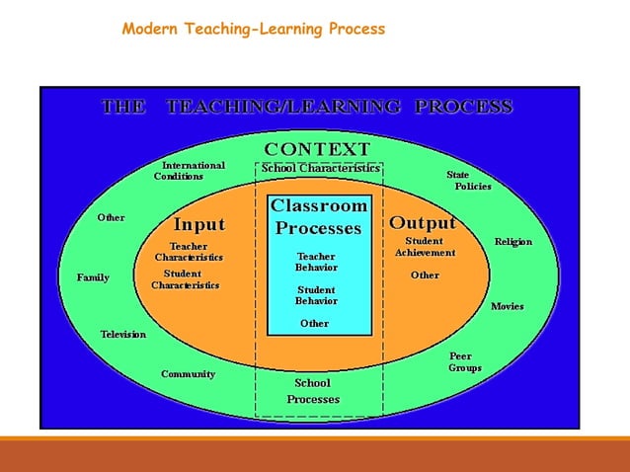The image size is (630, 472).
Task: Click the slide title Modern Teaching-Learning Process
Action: coord(253,29)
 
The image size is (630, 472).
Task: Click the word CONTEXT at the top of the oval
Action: coord(317,148)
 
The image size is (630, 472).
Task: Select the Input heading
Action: coord(199,224)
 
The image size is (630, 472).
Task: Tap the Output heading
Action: coord(423,222)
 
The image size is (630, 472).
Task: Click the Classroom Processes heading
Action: coord(318,217)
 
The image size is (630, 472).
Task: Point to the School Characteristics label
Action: coord(320,168)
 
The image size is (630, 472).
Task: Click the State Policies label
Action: coord(467,180)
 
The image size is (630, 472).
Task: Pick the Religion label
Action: coord(512,242)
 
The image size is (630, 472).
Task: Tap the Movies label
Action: coord(508,306)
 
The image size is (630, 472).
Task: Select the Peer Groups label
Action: coord(464,362)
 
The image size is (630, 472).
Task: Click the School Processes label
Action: coord(313,391)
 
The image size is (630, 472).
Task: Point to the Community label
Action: coord(188,374)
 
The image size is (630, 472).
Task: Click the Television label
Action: coord(122,335)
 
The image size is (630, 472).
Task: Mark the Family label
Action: coord(93,277)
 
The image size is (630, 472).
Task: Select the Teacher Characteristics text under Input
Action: coord(188,252)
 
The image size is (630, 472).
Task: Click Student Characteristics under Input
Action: coord(185,279)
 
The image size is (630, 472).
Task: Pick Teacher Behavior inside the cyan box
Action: coord(316,262)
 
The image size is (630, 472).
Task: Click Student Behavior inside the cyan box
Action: coord(316,295)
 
